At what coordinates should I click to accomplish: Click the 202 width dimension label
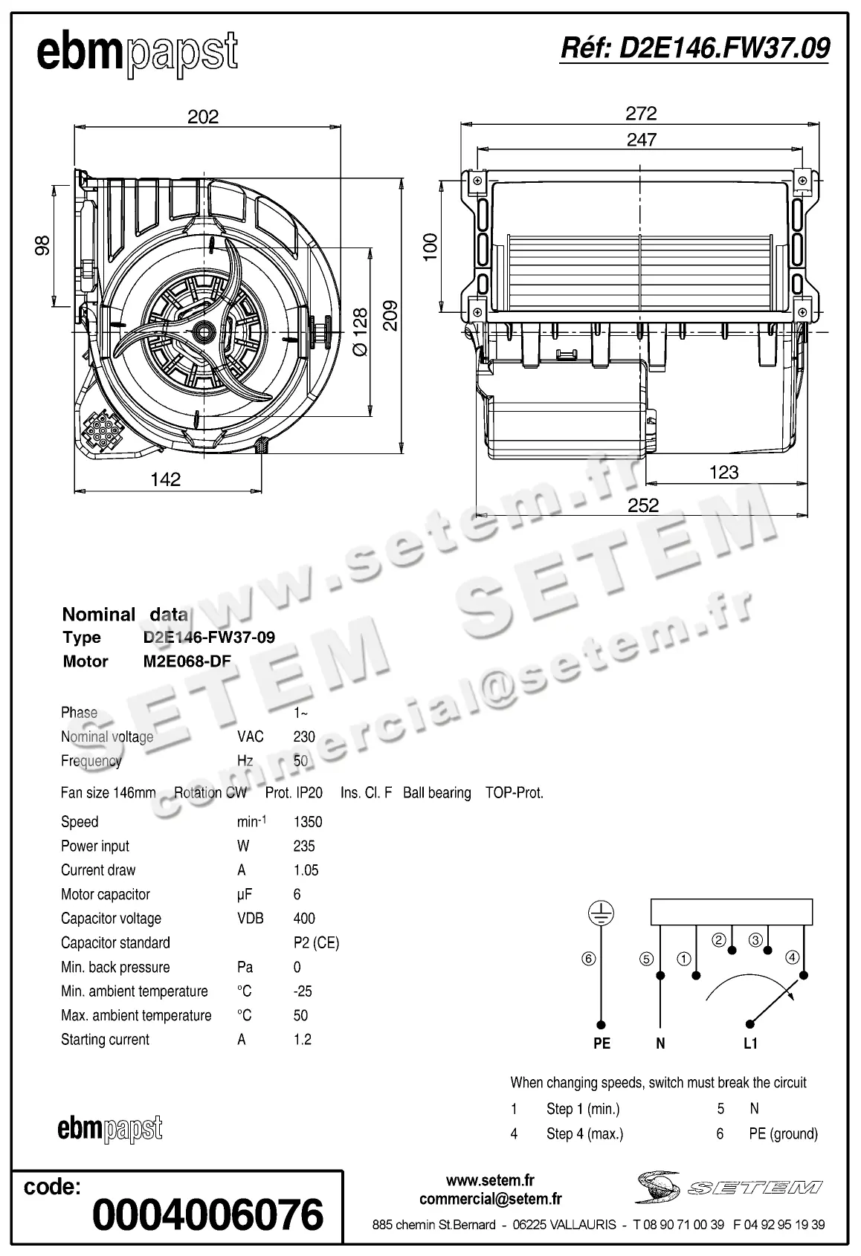point(203,117)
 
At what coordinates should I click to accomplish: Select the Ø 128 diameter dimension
point(360,331)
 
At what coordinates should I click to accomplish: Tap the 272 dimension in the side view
point(641,113)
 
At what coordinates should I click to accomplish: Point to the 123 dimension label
point(723,472)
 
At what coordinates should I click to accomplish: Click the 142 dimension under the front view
point(165,479)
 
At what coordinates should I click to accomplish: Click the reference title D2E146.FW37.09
point(694,48)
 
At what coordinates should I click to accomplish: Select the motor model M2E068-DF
point(187,661)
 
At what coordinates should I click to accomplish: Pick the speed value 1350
point(308,822)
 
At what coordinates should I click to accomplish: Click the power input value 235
point(304,846)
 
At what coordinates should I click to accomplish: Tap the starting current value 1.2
point(302,1040)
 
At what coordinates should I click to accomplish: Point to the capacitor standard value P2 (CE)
point(316,943)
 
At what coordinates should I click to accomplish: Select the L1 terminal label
point(750,1043)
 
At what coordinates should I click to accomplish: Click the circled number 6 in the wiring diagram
point(589,959)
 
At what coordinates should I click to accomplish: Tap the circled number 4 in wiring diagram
point(793,957)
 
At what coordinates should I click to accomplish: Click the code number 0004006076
point(208,1214)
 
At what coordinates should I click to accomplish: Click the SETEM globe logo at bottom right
point(658,1187)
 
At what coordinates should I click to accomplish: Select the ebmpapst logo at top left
point(138,54)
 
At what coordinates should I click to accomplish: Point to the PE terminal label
point(602,1043)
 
